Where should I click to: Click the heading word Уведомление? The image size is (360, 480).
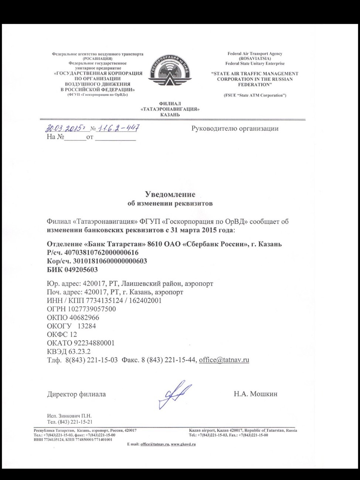170,194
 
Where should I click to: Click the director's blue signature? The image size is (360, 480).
174,394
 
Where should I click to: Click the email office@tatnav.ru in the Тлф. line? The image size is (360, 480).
224,360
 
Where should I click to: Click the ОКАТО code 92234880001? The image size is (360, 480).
92,343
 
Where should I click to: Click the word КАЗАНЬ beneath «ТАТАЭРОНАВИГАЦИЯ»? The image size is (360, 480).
170,115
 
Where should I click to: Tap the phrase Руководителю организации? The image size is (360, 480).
235,129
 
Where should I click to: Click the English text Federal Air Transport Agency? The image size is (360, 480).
255,54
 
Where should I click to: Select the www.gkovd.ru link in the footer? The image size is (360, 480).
183,444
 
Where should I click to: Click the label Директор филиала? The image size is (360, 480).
77,394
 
